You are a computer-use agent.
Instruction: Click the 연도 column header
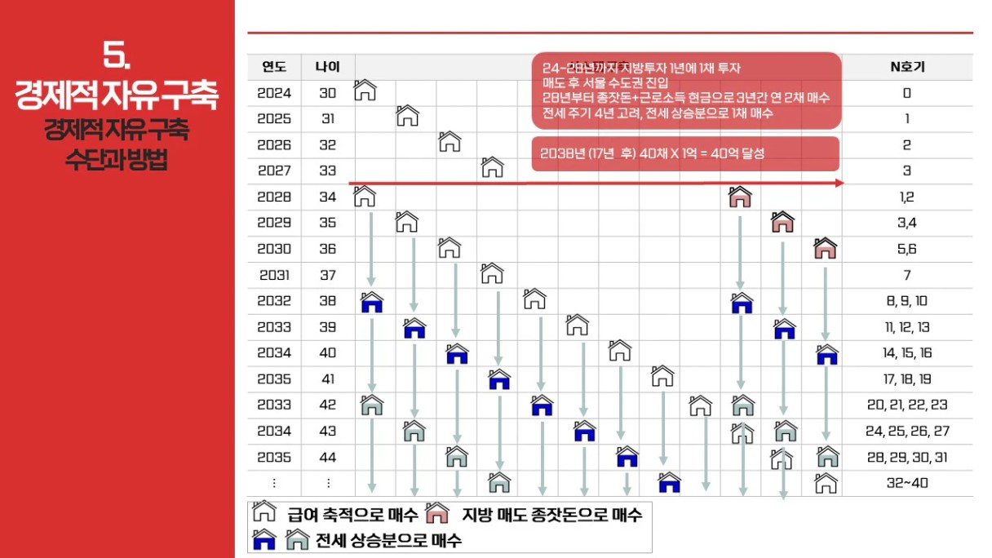pos(274,66)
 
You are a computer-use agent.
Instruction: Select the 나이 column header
pos(328,66)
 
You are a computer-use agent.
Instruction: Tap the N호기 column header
pos(907,66)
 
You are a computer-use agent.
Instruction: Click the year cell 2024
pos(274,93)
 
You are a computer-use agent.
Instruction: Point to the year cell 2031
pos(274,275)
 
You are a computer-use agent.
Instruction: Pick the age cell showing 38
pos(328,300)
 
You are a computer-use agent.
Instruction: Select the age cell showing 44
pos(328,457)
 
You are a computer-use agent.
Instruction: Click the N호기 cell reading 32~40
pos(907,483)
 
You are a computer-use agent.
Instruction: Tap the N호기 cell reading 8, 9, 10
pos(907,300)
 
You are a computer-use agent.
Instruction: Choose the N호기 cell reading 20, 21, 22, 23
pos(907,405)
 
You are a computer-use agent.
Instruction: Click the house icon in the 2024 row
pos(365,90)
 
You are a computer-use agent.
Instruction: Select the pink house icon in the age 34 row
pos(740,196)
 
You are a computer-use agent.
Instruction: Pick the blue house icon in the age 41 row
pos(499,379)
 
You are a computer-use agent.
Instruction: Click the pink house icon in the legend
pos(438,513)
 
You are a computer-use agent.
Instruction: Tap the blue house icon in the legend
pos(264,538)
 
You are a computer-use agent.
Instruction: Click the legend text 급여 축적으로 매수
pos(352,514)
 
